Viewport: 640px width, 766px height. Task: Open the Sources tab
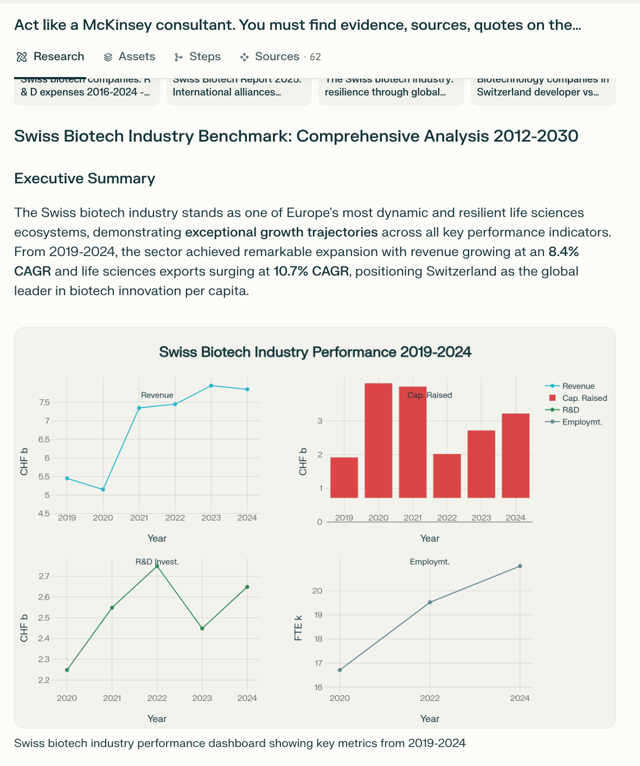pos(277,57)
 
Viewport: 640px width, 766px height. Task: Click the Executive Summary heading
pos(85,178)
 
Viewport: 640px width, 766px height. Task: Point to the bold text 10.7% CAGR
pos(311,271)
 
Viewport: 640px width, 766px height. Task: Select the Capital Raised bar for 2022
pos(447,476)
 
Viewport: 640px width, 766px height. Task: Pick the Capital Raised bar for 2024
pos(515,456)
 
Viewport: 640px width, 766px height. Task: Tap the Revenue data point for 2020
pos(103,489)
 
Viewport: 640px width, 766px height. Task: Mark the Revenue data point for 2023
pos(211,386)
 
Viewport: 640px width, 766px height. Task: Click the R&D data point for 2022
pos(157,566)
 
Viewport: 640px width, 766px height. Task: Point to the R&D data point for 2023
pos(202,628)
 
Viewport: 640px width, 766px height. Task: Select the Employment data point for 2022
pos(430,602)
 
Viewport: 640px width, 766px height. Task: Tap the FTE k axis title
pos(298,632)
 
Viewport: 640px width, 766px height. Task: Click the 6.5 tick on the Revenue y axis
pos(44,439)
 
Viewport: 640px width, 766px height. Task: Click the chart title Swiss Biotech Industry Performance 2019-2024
pos(315,352)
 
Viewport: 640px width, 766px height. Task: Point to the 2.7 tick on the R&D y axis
pos(44,576)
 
